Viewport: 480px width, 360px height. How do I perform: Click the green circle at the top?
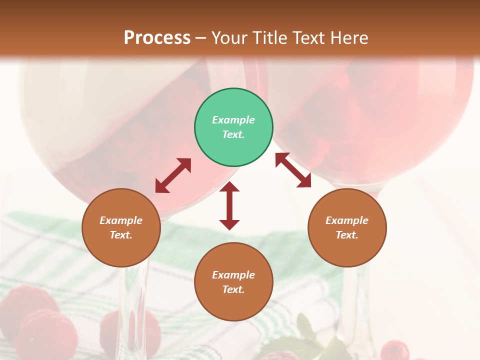coord(233,127)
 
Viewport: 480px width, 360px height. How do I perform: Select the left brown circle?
coord(121,227)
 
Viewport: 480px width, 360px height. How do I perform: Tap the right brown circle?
coord(347,227)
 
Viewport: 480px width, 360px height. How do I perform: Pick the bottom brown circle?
coord(233,282)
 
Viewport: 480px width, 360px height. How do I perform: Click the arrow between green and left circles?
coord(173,175)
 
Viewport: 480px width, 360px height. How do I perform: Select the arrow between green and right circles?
coord(293,170)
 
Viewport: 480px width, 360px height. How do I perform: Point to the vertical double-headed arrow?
coord(229,206)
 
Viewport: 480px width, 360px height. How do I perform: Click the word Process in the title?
coord(157,37)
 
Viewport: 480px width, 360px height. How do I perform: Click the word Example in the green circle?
coord(233,120)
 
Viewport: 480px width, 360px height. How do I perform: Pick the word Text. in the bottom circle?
coord(233,289)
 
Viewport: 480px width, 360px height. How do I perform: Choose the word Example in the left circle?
coord(121,220)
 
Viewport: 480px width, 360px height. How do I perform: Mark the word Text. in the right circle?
coord(347,235)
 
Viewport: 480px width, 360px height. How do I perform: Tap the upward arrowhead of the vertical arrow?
coord(229,186)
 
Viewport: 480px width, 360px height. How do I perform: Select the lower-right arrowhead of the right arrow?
coord(304,181)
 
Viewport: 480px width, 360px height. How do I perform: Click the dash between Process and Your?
coord(201,38)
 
